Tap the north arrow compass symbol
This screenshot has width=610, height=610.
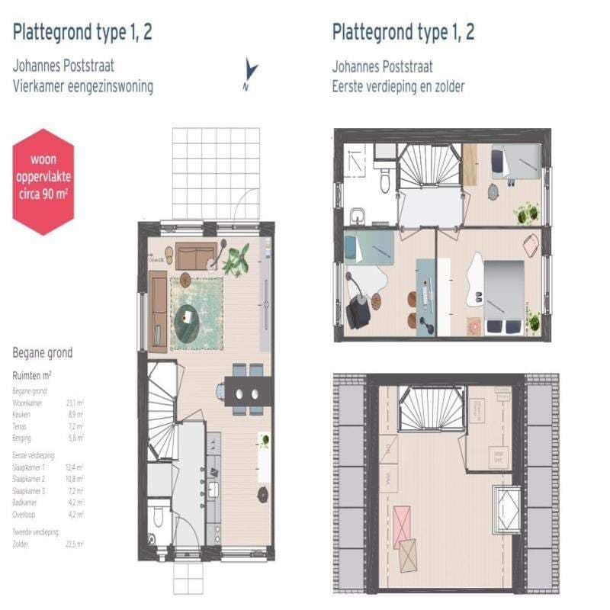pyautogui.click(x=249, y=73)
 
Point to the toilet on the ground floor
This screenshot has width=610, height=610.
pyautogui.click(x=159, y=519)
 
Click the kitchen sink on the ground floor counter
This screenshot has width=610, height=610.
pyautogui.click(x=213, y=488)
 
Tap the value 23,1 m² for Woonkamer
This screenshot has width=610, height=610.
pyautogui.click(x=75, y=402)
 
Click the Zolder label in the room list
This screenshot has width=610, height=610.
pyautogui.click(x=21, y=544)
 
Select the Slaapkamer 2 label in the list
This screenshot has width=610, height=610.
pyautogui.click(x=30, y=478)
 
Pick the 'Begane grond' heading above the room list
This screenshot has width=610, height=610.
pyautogui.click(x=43, y=353)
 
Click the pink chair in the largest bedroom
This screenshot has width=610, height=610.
pyautogui.click(x=530, y=246)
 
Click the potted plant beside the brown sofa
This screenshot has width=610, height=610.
pyautogui.click(x=235, y=259)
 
